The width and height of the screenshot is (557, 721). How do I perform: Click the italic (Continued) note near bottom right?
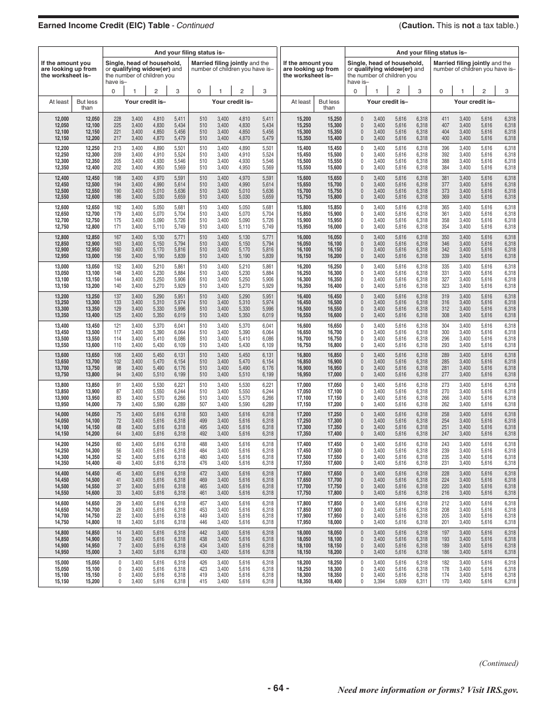click(x=499, y=663)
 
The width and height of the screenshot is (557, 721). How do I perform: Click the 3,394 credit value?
click(x=379, y=581)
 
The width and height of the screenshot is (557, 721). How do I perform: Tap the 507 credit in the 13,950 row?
click(x=203, y=404)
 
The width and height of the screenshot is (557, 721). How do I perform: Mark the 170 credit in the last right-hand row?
click(x=445, y=581)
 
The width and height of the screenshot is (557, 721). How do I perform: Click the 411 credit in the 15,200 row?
click(x=445, y=119)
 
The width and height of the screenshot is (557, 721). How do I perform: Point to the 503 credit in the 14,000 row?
click(x=203, y=414)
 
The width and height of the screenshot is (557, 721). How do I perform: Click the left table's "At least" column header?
click(x=59, y=102)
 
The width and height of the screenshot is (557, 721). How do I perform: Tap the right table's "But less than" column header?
click(x=329, y=105)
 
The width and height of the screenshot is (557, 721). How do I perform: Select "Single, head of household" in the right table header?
click(x=385, y=63)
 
